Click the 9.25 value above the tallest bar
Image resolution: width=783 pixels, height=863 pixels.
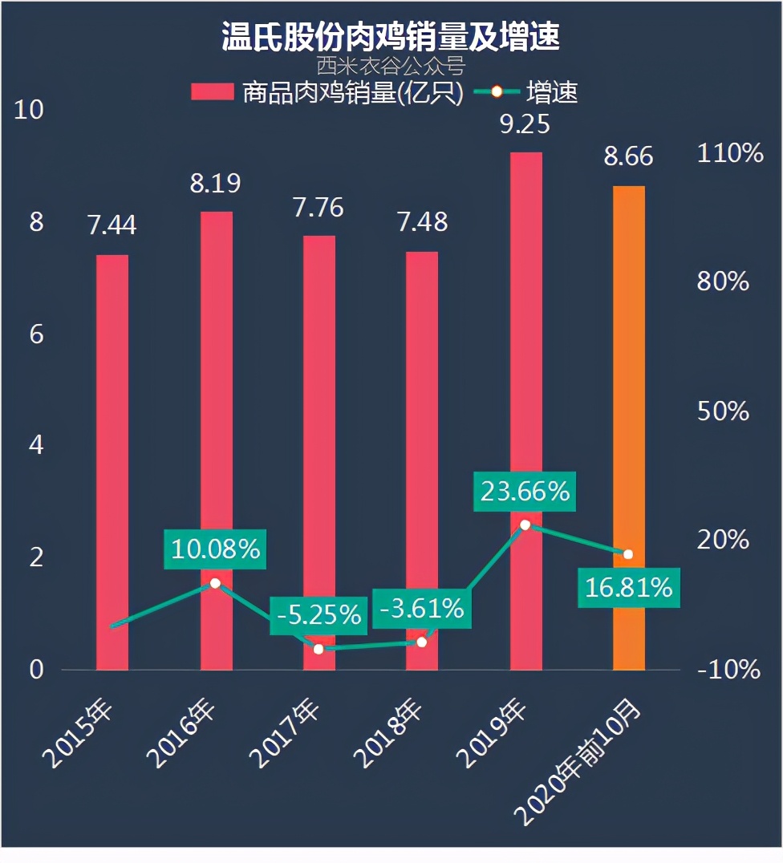pos(525,124)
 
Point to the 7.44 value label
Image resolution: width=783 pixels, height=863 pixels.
pos(112,226)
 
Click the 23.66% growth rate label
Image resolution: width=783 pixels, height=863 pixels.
pos(525,491)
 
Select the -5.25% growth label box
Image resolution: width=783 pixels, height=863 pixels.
pos(318,615)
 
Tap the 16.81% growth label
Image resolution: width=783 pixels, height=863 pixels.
pos(628,588)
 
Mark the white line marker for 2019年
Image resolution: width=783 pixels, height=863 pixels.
pos(525,525)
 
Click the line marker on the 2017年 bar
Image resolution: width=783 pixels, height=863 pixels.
pos(318,648)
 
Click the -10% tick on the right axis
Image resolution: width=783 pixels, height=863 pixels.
pos(728,670)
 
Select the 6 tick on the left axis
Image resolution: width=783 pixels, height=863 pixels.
pos(36,334)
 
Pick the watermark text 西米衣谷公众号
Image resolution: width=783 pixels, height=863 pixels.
pos(391,64)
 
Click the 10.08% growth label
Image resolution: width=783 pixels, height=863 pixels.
pos(215,549)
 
